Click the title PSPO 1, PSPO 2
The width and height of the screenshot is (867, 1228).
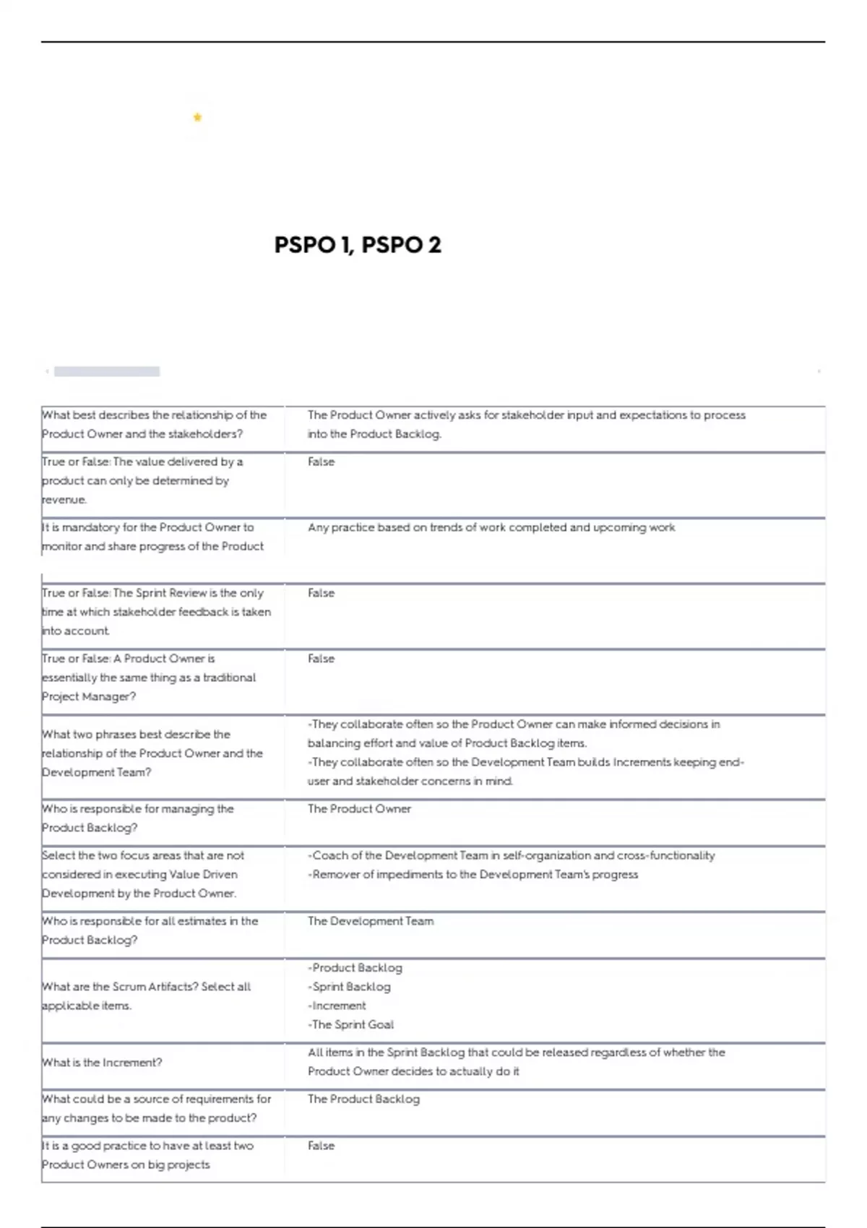pyautogui.click(x=358, y=245)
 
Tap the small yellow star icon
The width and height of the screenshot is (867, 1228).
pyautogui.click(x=197, y=117)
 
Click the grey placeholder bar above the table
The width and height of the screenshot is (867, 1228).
pyautogui.click(x=107, y=371)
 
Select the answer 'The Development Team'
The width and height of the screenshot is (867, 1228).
pyautogui.click(x=371, y=921)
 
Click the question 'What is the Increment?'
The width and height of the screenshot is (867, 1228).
pyautogui.click(x=102, y=1063)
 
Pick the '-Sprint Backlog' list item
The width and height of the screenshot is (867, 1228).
pyautogui.click(x=350, y=987)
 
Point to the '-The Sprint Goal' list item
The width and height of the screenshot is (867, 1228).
pyautogui.click(x=351, y=1024)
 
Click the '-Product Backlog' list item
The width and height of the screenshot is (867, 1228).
pyautogui.click(x=355, y=968)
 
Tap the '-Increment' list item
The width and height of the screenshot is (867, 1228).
pyautogui.click(x=337, y=1006)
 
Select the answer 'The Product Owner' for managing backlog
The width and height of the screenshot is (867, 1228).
pyautogui.click(x=359, y=809)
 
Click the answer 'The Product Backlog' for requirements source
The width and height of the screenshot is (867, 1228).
pyautogui.click(x=363, y=1099)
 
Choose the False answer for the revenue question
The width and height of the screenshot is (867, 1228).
pyautogui.click(x=321, y=462)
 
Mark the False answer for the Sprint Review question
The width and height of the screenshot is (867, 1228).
pyautogui.click(x=321, y=593)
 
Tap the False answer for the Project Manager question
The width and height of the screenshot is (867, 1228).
pyautogui.click(x=321, y=659)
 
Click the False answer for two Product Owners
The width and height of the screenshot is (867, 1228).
pyautogui.click(x=321, y=1146)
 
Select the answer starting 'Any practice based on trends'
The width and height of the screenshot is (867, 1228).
pyautogui.click(x=491, y=527)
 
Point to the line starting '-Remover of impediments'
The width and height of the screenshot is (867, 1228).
pyautogui.click(x=473, y=875)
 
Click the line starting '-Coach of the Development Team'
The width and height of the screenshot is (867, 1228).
pyautogui.click(x=512, y=856)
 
